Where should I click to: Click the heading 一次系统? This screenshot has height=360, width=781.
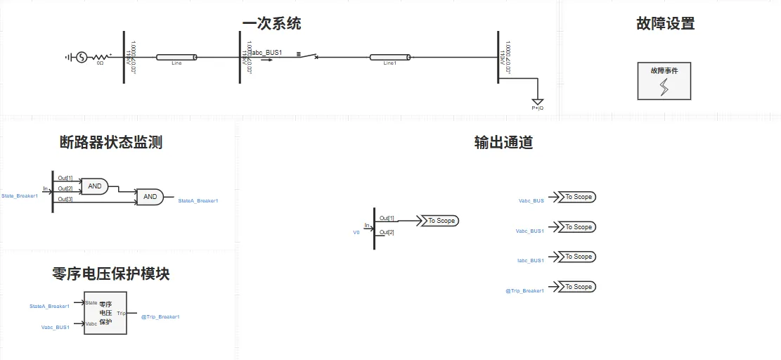click(271, 23)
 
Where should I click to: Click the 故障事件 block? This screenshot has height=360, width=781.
click(664, 80)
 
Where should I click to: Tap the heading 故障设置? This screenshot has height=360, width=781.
click(665, 23)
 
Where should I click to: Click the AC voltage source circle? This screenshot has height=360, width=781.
click(81, 57)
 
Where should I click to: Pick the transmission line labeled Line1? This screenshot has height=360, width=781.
click(391, 57)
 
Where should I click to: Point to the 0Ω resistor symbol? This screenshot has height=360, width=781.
click(100, 57)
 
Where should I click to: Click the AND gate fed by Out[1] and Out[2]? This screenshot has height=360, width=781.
click(94, 186)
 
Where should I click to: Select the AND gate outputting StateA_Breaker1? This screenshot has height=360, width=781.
click(150, 197)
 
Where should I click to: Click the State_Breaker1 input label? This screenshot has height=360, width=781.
click(18, 195)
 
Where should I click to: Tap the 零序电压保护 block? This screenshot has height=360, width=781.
click(105, 312)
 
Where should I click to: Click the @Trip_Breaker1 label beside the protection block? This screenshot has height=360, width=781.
click(160, 317)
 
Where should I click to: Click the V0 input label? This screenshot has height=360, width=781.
click(356, 231)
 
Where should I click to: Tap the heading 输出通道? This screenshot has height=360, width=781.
click(503, 143)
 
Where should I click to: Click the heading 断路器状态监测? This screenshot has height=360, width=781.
click(111, 143)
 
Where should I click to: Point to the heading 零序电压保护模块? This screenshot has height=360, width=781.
click(111, 274)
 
